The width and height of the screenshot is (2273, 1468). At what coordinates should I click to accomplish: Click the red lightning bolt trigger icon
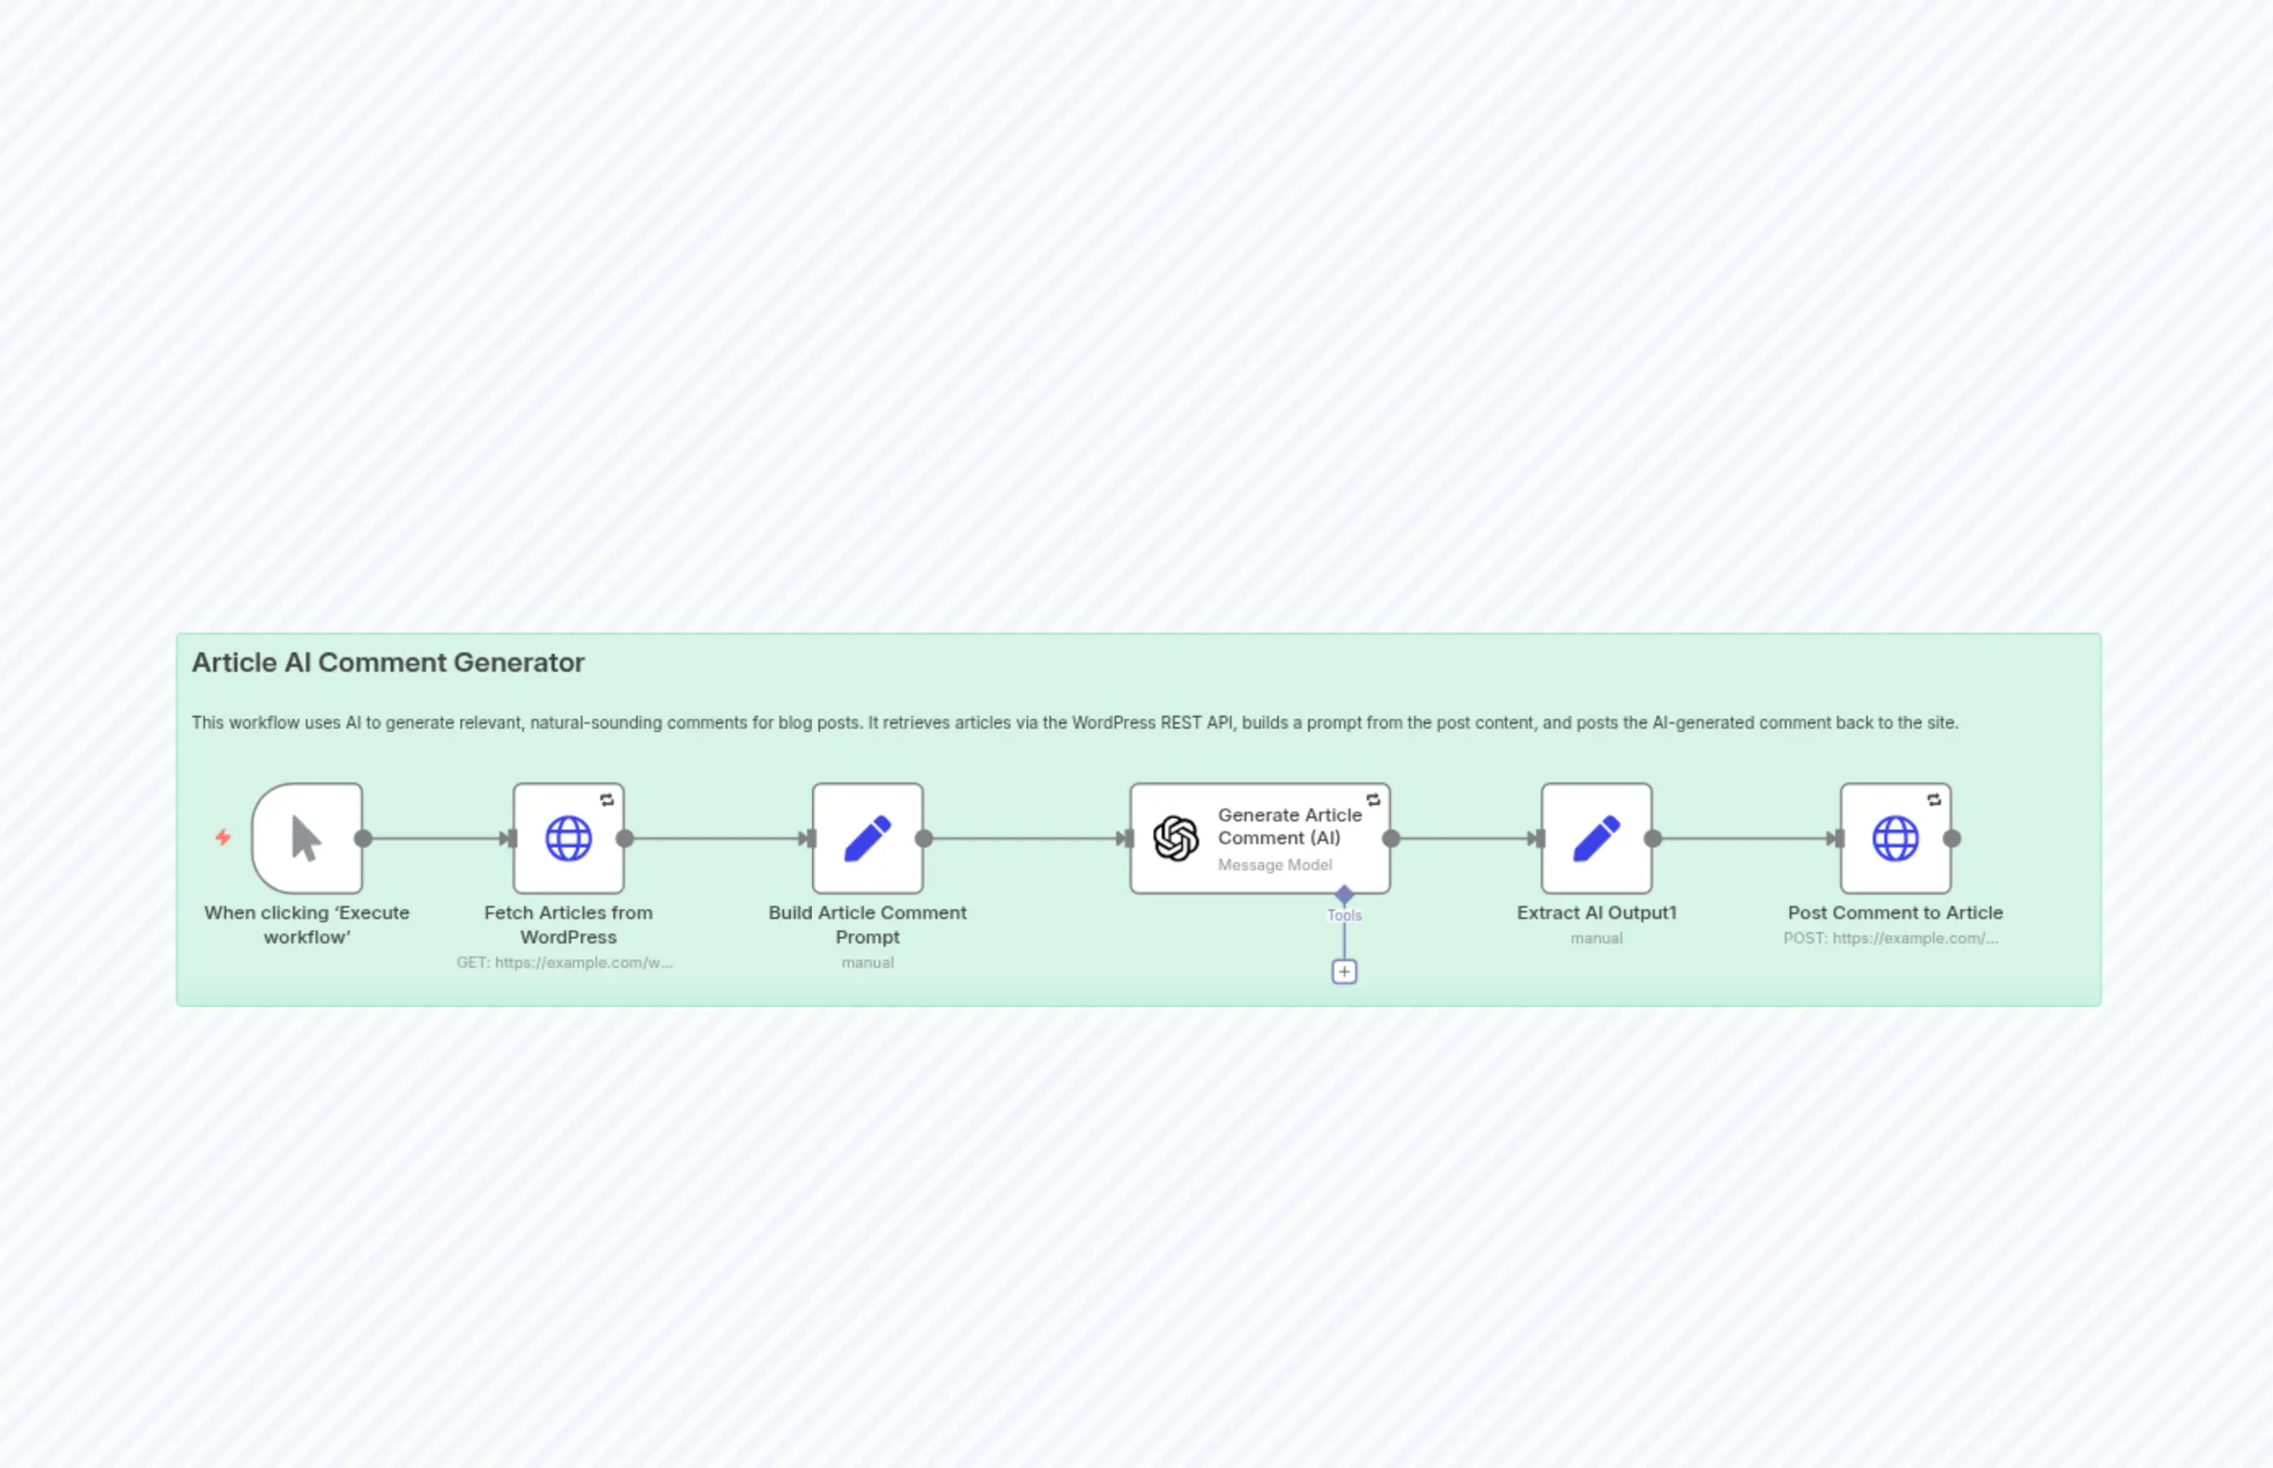point(223,837)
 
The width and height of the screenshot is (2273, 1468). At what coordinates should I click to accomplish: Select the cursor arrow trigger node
point(307,839)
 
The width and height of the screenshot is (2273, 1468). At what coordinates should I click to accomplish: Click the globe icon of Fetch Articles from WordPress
point(568,839)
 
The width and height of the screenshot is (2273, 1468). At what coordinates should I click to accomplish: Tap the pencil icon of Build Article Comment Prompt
point(868,839)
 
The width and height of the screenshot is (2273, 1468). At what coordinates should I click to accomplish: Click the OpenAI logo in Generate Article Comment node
point(1176,839)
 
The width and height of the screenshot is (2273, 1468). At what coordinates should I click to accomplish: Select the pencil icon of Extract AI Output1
point(1596,839)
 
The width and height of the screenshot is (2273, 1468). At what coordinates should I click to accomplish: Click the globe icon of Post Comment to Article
point(1896,839)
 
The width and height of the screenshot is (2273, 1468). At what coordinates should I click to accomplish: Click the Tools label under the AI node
point(1344,915)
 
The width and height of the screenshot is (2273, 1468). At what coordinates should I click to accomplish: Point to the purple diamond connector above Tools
point(1344,894)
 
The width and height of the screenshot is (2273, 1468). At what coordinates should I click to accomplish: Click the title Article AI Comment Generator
point(387,663)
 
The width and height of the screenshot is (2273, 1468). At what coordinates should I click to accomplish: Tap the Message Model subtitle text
point(1274,865)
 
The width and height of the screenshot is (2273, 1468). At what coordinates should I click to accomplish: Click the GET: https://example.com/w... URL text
point(565,963)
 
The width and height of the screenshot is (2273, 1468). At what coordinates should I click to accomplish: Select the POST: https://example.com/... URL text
point(1891,938)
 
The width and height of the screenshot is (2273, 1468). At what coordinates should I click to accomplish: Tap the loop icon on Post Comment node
point(1935,799)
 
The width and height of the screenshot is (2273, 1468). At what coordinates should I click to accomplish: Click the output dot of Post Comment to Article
point(1952,839)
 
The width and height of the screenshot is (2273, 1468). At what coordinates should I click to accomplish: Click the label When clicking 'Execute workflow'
point(307,925)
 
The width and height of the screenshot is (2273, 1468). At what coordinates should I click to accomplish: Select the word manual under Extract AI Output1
point(1596,938)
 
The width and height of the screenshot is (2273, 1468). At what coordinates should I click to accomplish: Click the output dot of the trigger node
point(364,839)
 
